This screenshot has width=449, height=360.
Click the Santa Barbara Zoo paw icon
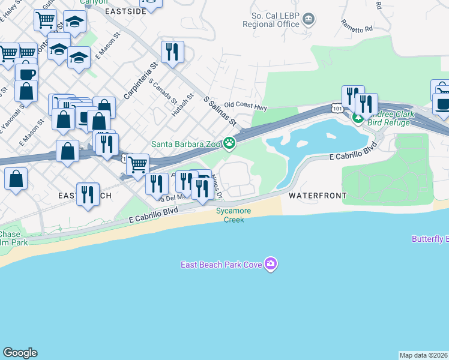pos(229,143)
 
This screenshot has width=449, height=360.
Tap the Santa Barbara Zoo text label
pos(186,144)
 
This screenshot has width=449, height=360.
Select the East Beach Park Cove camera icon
pos(271,264)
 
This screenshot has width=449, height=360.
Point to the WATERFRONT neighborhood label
pos(318,196)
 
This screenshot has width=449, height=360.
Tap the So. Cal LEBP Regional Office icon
pos(309,19)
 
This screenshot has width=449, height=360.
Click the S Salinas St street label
pos(220,111)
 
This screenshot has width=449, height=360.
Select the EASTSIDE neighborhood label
pos(126,11)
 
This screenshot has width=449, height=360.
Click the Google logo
pos(20,353)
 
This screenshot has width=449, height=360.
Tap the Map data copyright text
pos(424,355)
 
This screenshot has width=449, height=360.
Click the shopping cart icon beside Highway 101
pos(138,163)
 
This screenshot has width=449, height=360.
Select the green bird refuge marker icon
pos(358,118)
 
